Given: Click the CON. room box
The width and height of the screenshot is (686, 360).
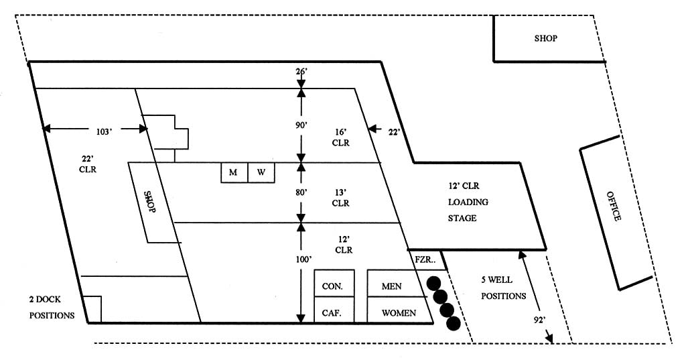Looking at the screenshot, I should pyautogui.click(x=333, y=286).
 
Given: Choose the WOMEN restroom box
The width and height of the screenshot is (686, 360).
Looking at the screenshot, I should pyautogui.click(x=399, y=312).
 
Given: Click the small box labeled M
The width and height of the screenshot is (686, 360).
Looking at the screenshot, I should pyautogui.click(x=234, y=173).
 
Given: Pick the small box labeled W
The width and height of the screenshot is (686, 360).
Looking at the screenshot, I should pyautogui.click(x=261, y=173).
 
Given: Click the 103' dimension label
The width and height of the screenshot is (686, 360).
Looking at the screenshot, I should pyautogui.click(x=104, y=132).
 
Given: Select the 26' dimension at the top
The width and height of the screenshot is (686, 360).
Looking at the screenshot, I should pyautogui.click(x=301, y=71).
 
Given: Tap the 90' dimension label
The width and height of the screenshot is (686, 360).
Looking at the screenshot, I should pyautogui.click(x=301, y=125).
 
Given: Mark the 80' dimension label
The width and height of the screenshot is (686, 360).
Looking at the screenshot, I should pyautogui.click(x=301, y=192).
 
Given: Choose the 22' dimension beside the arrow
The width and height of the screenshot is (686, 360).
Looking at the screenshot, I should pyautogui.click(x=394, y=133).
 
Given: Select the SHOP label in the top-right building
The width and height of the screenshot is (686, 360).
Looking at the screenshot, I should pyautogui.click(x=545, y=38).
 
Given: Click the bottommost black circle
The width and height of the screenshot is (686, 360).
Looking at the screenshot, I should pyautogui.click(x=454, y=324).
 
